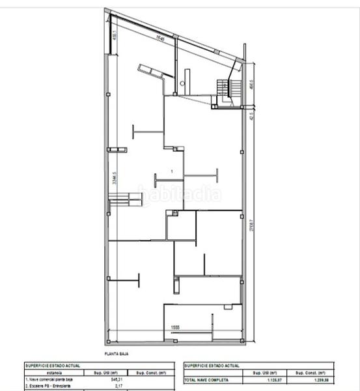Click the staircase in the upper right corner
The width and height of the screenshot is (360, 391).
(x=225, y=88)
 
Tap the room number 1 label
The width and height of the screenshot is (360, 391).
(x=171, y=171)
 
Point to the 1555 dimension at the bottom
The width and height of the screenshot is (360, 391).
(x=175, y=327)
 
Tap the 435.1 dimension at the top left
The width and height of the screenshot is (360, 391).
(x=115, y=34)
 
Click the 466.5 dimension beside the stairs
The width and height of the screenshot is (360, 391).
(x=251, y=87)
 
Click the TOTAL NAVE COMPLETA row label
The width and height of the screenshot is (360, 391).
(x=202, y=379)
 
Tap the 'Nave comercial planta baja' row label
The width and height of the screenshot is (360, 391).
(x=49, y=379)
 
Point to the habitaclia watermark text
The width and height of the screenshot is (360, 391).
(x=179, y=194)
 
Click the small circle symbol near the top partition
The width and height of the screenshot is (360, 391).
(x=183, y=84)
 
